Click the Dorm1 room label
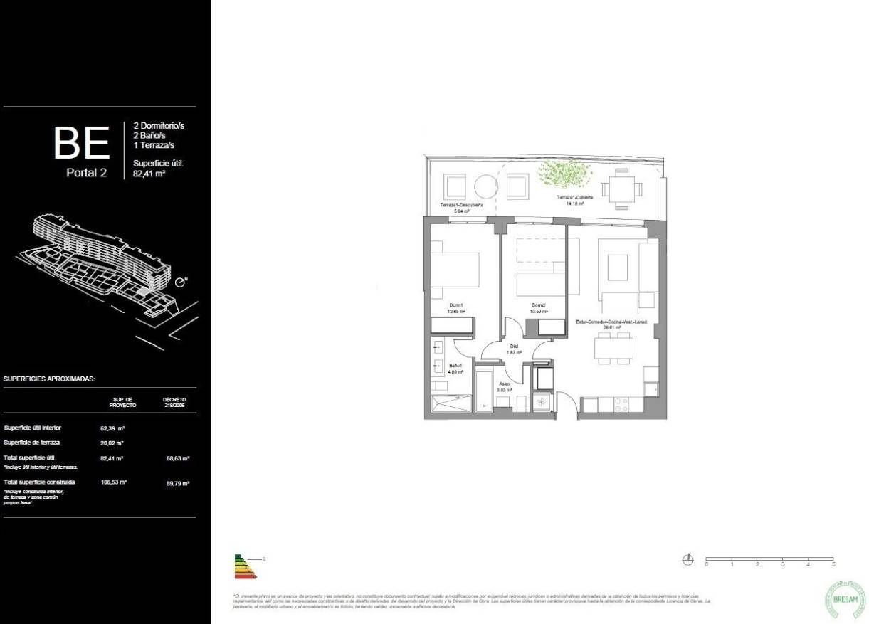(455, 305)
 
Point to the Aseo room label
(505, 384)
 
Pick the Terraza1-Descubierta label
(462, 205)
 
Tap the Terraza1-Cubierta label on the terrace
(574, 197)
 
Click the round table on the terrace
(485, 186)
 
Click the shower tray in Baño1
(451, 404)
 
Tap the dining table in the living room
(614, 348)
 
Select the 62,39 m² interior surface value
(113, 428)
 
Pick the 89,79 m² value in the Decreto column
(177, 483)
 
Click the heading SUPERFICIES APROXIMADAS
(49, 380)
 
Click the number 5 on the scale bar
(833, 564)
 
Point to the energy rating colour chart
(243, 567)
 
